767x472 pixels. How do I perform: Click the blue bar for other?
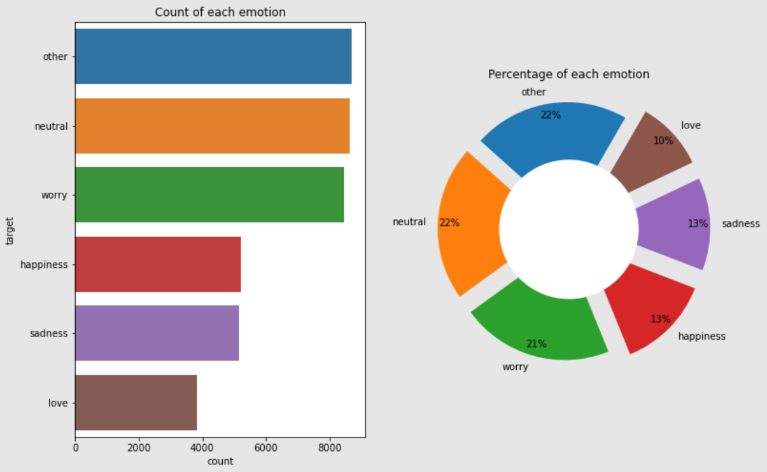coord(213,56)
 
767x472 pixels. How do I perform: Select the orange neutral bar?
coord(212,126)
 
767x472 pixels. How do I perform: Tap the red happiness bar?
coord(158,264)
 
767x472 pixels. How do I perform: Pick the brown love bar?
coord(136,403)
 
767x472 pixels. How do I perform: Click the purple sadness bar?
coord(157,333)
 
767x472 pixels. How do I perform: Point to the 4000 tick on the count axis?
coord(202,448)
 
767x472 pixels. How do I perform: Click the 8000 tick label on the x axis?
coord(329,448)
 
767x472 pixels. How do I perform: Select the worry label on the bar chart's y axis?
coord(54,195)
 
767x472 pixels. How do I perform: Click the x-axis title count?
coord(220,461)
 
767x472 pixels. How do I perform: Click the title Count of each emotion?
coord(220,12)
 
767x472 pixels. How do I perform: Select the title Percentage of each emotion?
coord(568,74)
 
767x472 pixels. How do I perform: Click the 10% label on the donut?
coord(663,141)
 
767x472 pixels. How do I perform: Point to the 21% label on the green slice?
coord(536,344)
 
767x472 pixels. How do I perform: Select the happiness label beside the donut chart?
coord(701,336)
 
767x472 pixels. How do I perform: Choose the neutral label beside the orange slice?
coord(409,222)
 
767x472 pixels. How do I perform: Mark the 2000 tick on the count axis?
coord(139,448)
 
